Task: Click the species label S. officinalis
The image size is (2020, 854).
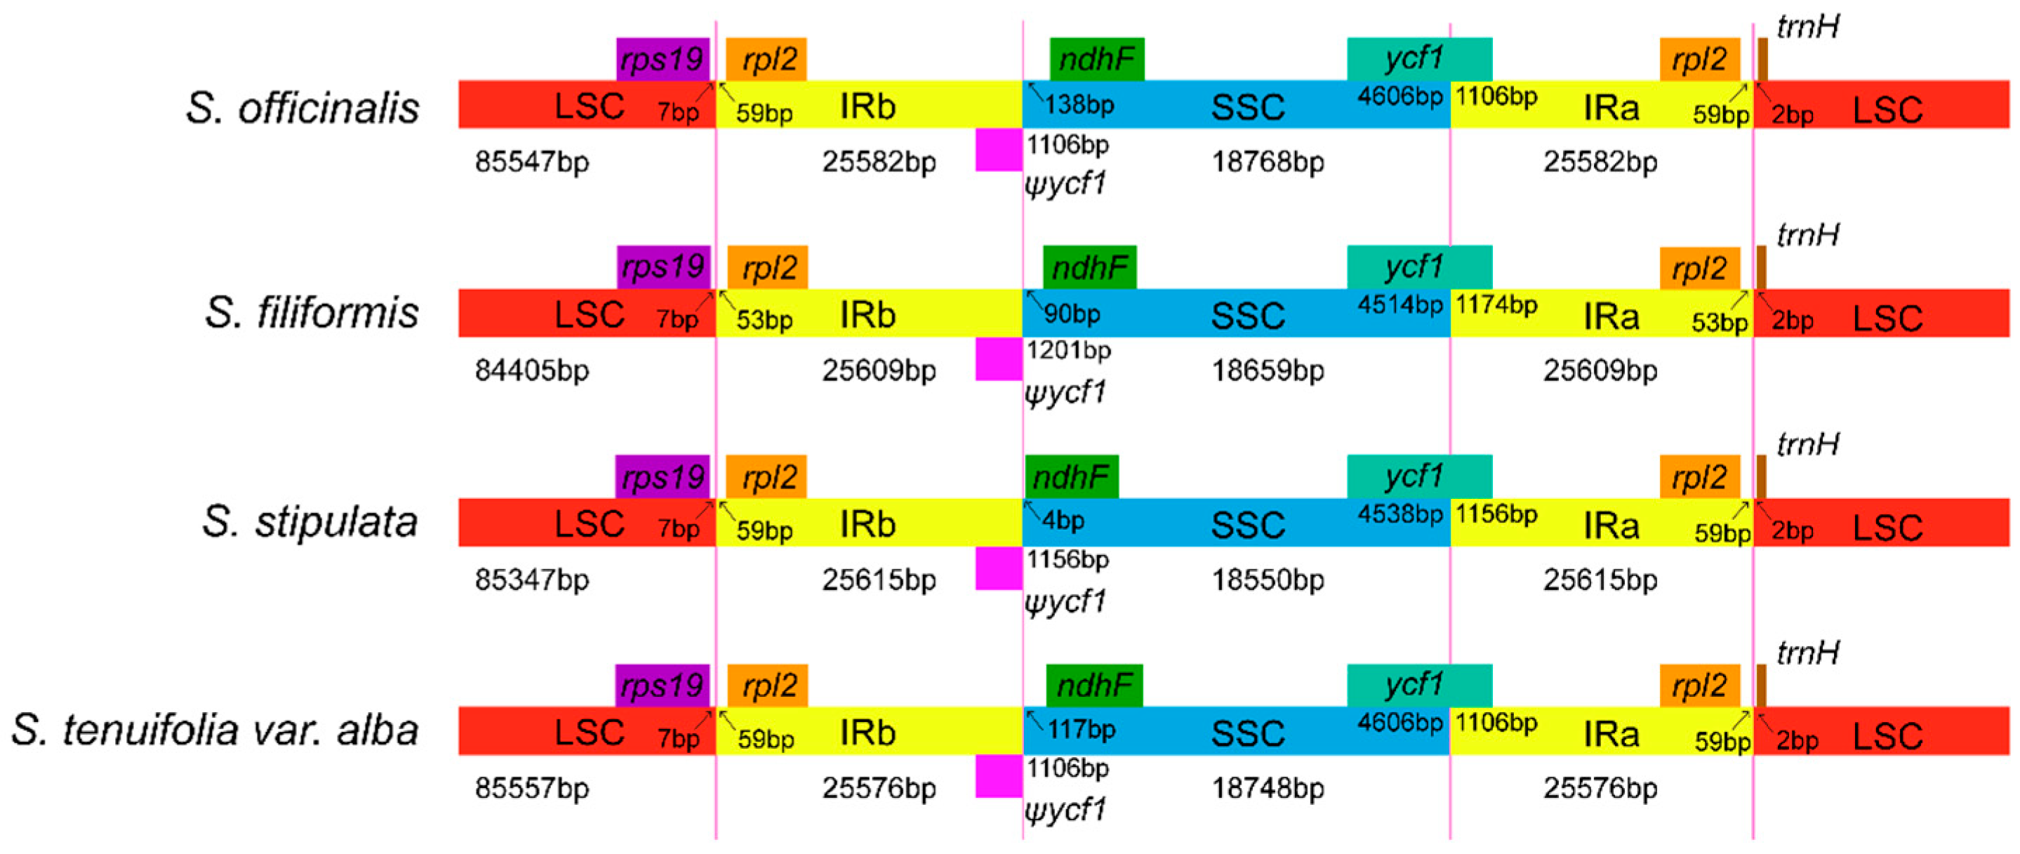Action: point(303,107)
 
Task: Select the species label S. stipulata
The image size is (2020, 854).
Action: point(310,521)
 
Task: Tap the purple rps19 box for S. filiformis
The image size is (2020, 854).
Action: point(663,267)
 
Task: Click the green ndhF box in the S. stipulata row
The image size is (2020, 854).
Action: point(1071,476)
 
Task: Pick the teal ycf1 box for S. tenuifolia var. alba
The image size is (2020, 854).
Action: point(1419,685)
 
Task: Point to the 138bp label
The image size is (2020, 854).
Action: point(1079,105)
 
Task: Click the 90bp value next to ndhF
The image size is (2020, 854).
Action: point(1072,314)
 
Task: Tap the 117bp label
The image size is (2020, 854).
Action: point(1082,730)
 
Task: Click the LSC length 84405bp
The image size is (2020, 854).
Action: point(531,370)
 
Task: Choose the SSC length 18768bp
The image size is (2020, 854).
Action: point(1268,162)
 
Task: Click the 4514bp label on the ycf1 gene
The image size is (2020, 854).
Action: point(1400,305)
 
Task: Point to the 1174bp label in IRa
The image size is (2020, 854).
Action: point(1496,305)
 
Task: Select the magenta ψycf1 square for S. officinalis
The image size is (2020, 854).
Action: point(998,149)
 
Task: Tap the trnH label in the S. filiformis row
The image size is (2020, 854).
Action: point(1807,234)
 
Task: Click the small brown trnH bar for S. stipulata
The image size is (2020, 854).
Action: point(1761,476)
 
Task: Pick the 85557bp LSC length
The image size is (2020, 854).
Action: point(531,788)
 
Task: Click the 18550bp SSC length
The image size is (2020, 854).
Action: point(1268,580)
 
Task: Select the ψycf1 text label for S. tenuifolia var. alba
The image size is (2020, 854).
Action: point(1065,809)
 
